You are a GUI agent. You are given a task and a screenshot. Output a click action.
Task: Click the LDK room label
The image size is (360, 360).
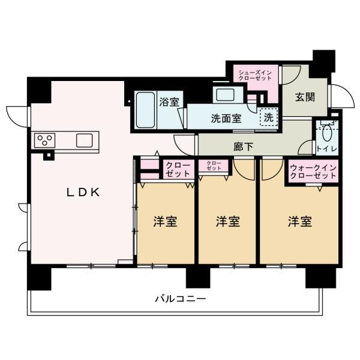[83, 193]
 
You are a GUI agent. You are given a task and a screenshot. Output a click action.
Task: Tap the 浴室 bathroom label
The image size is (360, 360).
[169, 102]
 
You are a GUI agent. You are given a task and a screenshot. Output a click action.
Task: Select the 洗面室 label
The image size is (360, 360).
[226, 119]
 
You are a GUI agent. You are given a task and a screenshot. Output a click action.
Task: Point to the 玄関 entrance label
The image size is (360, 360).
[305, 97]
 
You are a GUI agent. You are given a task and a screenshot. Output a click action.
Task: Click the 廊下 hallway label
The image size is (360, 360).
[244, 146]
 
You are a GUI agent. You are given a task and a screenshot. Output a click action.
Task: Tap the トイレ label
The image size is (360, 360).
[327, 149]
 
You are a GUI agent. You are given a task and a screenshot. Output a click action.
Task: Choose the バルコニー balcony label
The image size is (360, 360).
[181, 299]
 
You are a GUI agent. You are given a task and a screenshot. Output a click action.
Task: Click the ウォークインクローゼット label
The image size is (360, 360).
[313, 172]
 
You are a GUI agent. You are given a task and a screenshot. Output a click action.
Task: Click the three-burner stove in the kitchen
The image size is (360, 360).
[45, 140]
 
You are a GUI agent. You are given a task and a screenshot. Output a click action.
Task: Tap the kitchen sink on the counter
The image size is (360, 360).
[84, 140]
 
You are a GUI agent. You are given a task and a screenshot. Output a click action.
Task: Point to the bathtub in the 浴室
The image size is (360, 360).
[145, 110]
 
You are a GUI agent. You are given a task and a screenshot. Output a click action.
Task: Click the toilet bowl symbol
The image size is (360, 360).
[327, 133]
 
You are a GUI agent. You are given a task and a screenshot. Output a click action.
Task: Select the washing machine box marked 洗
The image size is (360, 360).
[269, 117]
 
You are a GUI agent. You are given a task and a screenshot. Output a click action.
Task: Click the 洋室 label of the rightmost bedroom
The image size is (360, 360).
[300, 221]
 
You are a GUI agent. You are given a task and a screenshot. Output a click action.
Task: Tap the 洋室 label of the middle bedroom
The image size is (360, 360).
[228, 221]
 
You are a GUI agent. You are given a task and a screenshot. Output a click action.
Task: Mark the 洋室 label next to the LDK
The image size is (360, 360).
[166, 221]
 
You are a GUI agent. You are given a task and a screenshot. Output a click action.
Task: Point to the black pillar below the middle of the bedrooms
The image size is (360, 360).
[198, 278]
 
